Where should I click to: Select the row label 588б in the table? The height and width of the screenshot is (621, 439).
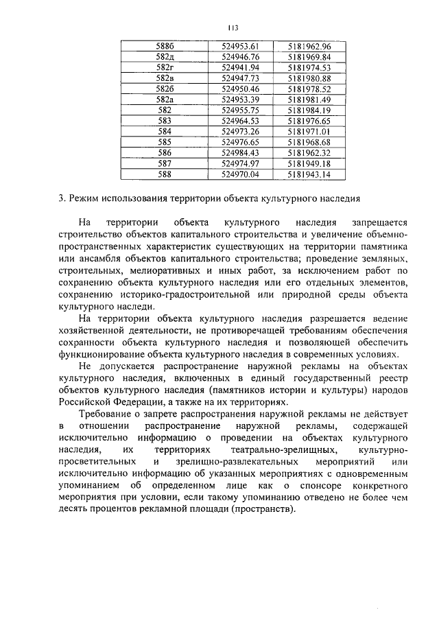point(165,46)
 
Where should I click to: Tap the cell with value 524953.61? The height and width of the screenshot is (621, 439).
point(240,46)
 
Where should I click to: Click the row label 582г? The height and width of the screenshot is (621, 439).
point(165,67)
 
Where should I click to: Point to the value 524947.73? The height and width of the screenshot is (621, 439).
point(240,78)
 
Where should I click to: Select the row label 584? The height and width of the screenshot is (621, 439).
point(165,131)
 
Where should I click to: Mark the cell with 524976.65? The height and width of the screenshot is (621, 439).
point(240,142)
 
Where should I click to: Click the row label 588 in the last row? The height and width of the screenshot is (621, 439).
point(165,174)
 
